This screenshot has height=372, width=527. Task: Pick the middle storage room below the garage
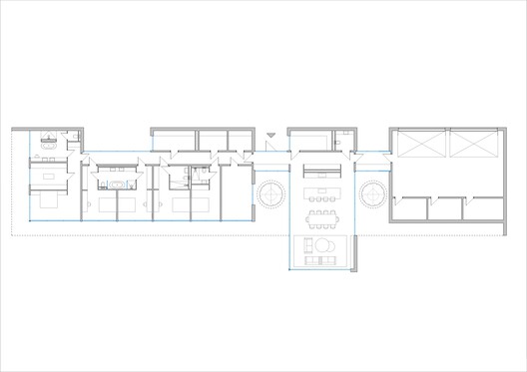tap(446, 209)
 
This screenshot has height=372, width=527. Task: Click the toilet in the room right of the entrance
tap(338, 143)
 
